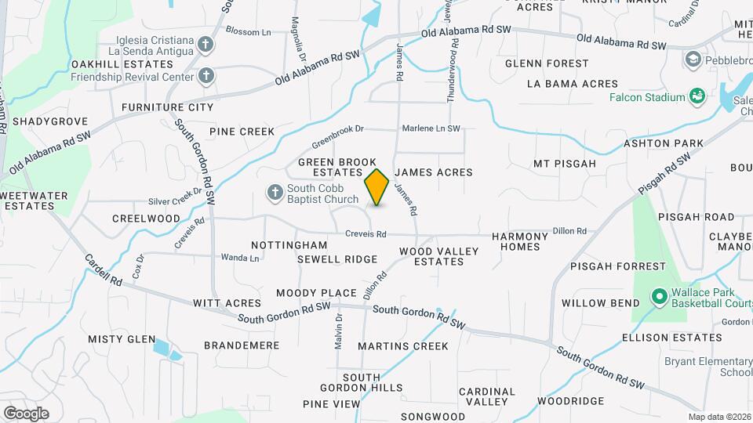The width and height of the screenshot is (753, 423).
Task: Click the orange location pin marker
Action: tap(377, 187)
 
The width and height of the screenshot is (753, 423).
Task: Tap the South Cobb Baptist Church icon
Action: tap(275, 192)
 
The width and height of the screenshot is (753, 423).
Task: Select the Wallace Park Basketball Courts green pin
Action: tap(658, 298)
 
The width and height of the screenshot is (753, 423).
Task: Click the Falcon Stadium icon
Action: tap(696, 96)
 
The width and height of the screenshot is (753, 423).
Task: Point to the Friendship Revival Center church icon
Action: tap(206, 76)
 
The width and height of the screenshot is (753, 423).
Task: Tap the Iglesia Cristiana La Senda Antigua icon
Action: tap(206, 44)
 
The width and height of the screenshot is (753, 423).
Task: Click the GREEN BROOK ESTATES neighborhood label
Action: tap(330, 167)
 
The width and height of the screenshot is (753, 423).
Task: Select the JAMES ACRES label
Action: tap(433, 172)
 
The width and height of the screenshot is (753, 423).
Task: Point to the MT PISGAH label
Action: tap(565, 164)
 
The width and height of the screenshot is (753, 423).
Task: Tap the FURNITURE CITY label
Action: tap(167, 107)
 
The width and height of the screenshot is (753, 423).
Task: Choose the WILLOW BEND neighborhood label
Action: tap(595, 303)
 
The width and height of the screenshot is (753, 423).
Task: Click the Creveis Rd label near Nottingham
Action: tap(367, 234)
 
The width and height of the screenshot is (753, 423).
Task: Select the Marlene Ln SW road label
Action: tap(431, 128)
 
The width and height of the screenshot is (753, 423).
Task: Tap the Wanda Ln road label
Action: tap(240, 257)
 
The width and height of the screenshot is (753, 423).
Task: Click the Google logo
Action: tap(26, 413)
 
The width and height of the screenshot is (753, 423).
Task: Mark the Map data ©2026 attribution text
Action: tap(719, 417)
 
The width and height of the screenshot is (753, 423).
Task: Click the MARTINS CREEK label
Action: tap(403, 346)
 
